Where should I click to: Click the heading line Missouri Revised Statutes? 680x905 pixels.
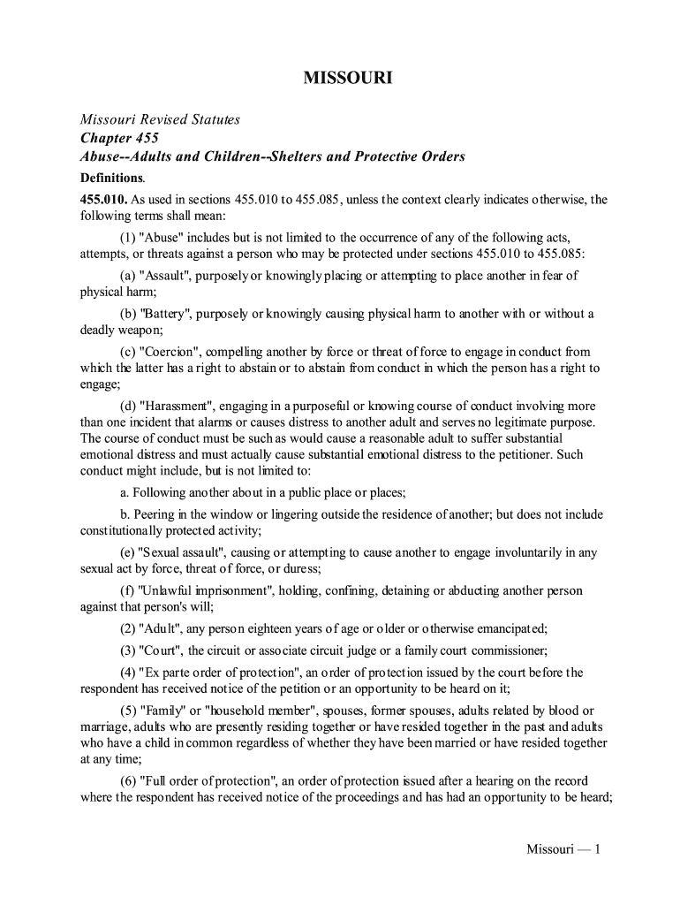[x=161, y=119]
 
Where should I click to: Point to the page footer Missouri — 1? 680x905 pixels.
[x=563, y=850]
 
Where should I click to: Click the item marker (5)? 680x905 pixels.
[x=129, y=711]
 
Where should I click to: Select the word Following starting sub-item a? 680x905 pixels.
[x=162, y=493]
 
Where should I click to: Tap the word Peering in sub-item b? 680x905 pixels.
[x=157, y=514]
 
